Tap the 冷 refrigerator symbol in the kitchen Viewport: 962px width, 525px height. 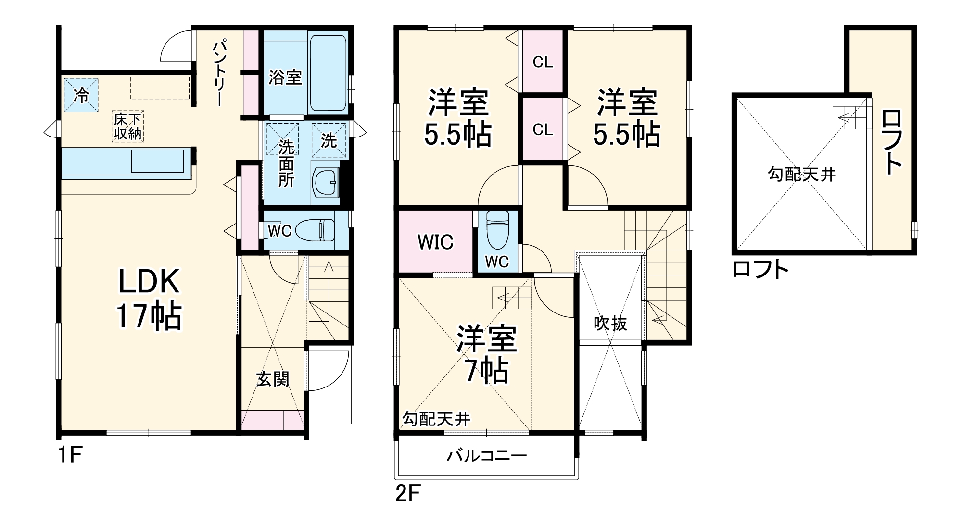pos(81,95)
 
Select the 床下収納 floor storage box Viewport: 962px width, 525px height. pos(128,126)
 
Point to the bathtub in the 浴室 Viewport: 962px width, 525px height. pos(328,72)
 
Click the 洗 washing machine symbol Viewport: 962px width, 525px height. pos(329,140)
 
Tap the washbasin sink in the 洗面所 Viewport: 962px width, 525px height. pos(325,182)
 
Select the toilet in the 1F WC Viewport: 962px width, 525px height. pos(315,230)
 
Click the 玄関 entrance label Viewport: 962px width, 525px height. pos(272,379)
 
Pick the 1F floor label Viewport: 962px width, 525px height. pos(70,455)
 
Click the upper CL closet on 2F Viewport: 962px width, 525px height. pos(543,62)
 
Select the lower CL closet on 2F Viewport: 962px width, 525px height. pos(543,129)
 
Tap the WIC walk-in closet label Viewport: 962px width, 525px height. pos(435,242)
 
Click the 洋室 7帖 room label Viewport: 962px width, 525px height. pos(486,354)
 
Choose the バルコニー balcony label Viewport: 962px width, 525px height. pos(486,455)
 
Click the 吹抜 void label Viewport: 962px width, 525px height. pos(610,323)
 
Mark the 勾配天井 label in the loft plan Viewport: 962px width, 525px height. pos(801,174)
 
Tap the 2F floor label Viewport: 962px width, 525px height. pos(408,493)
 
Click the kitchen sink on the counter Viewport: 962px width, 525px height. pos(157,161)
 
